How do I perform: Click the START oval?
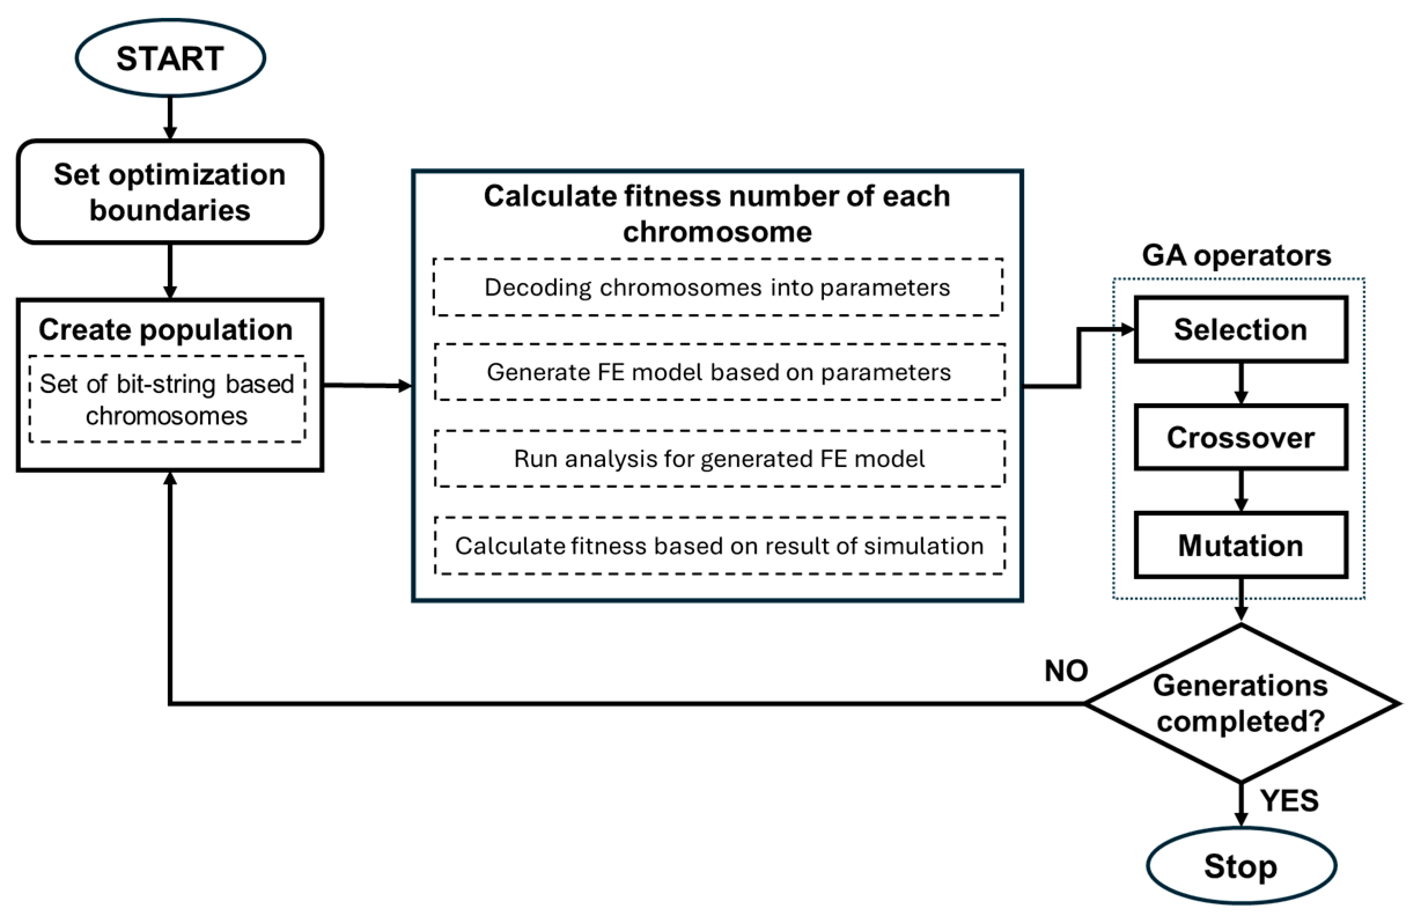pos(170,58)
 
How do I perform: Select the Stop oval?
pos(1241,866)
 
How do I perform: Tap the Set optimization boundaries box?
pos(170,192)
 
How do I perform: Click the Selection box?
pos(1241,329)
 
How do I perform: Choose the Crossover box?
pos(1241,437)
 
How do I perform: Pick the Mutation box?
pos(1241,545)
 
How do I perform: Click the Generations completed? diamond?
pos(1241,703)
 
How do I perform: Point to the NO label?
pos(1066,671)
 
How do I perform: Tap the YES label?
pos(1289,801)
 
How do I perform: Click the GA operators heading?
pos(1236,256)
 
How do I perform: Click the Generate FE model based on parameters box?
pos(720,372)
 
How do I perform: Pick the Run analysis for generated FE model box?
pos(720,459)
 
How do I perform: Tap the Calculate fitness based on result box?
pos(720,546)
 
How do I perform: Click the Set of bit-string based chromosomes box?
pos(167,399)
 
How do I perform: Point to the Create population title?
pos(166,329)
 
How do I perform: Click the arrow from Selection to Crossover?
pos(1241,383)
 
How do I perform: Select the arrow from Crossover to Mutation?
pos(1241,491)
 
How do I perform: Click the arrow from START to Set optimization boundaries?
pos(170,118)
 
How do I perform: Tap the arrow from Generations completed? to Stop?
pos(1241,805)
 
